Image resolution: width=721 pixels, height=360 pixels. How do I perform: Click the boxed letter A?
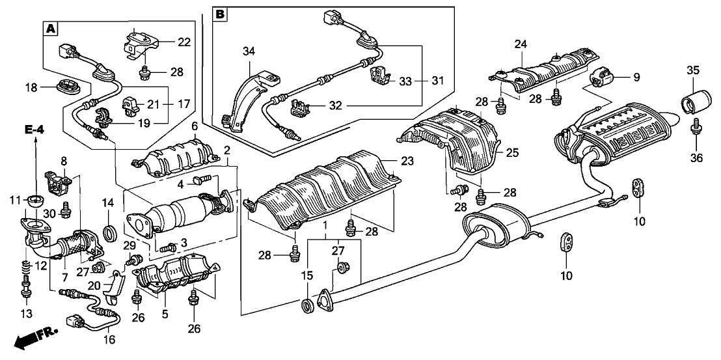pyautogui.click(x=51, y=29)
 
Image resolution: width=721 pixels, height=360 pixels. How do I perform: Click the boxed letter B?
pyautogui.click(x=221, y=14)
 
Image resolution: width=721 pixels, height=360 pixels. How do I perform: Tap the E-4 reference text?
pyautogui.click(x=34, y=130)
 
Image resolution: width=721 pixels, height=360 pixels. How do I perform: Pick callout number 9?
pyautogui.click(x=636, y=77)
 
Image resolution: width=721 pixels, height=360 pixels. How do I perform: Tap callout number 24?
pyautogui.click(x=521, y=45)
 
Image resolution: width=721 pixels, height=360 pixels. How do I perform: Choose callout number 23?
pyautogui.click(x=407, y=161)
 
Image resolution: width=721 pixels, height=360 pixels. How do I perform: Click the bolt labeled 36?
pyautogui.click(x=696, y=126)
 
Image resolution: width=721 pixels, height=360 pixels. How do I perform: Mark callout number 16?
pyautogui.click(x=109, y=340)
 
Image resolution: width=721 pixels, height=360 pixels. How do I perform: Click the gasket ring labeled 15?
pyautogui.click(x=306, y=305)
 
